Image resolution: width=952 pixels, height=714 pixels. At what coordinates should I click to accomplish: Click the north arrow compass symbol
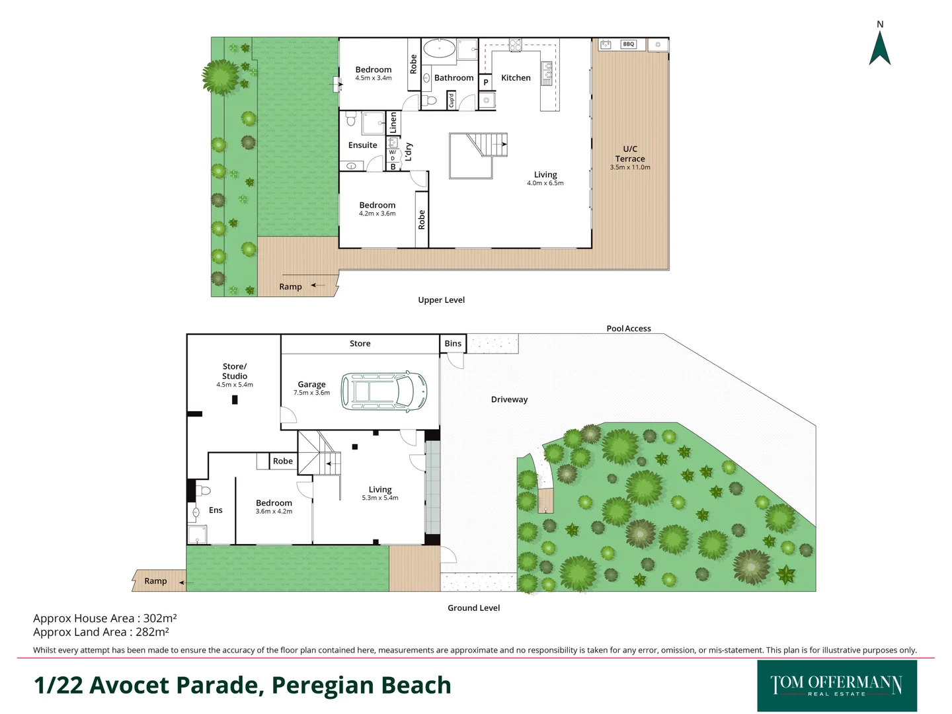[x=880, y=48]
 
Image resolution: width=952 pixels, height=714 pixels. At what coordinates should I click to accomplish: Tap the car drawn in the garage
[x=383, y=391]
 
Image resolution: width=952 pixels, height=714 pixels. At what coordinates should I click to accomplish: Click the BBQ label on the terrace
[x=628, y=44]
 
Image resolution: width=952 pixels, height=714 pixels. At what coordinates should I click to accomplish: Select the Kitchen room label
[x=516, y=78]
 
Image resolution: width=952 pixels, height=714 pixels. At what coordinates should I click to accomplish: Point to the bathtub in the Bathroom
[x=439, y=49]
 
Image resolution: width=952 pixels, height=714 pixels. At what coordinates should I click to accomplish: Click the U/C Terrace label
[x=630, y=154]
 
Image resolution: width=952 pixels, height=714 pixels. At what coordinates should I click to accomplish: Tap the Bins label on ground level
[x=453, y=344]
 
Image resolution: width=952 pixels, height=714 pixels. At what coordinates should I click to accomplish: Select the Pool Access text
[x=629, y=329]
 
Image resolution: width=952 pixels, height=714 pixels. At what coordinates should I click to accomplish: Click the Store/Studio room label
[x=235, y=371]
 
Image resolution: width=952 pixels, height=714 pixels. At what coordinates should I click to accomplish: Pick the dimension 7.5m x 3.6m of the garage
[x=311, y=393]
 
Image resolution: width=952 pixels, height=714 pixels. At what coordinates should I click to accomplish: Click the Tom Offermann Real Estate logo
[x=836, y=686]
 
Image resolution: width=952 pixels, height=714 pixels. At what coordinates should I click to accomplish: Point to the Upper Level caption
[x=441, y=300]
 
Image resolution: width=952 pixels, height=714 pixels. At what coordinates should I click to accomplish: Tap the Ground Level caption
[x=473, y=608]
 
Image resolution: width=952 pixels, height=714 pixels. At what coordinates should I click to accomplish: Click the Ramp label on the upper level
[x=290, y=287]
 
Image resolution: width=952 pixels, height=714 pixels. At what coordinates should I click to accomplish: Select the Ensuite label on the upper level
[x=362, y=145]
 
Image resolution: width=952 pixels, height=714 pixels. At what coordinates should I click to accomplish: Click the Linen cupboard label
[x=393, y=122]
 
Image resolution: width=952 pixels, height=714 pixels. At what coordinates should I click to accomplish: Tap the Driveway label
[x=509, y=399]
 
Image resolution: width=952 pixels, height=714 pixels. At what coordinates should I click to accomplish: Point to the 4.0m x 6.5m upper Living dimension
[x=545, y=184]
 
